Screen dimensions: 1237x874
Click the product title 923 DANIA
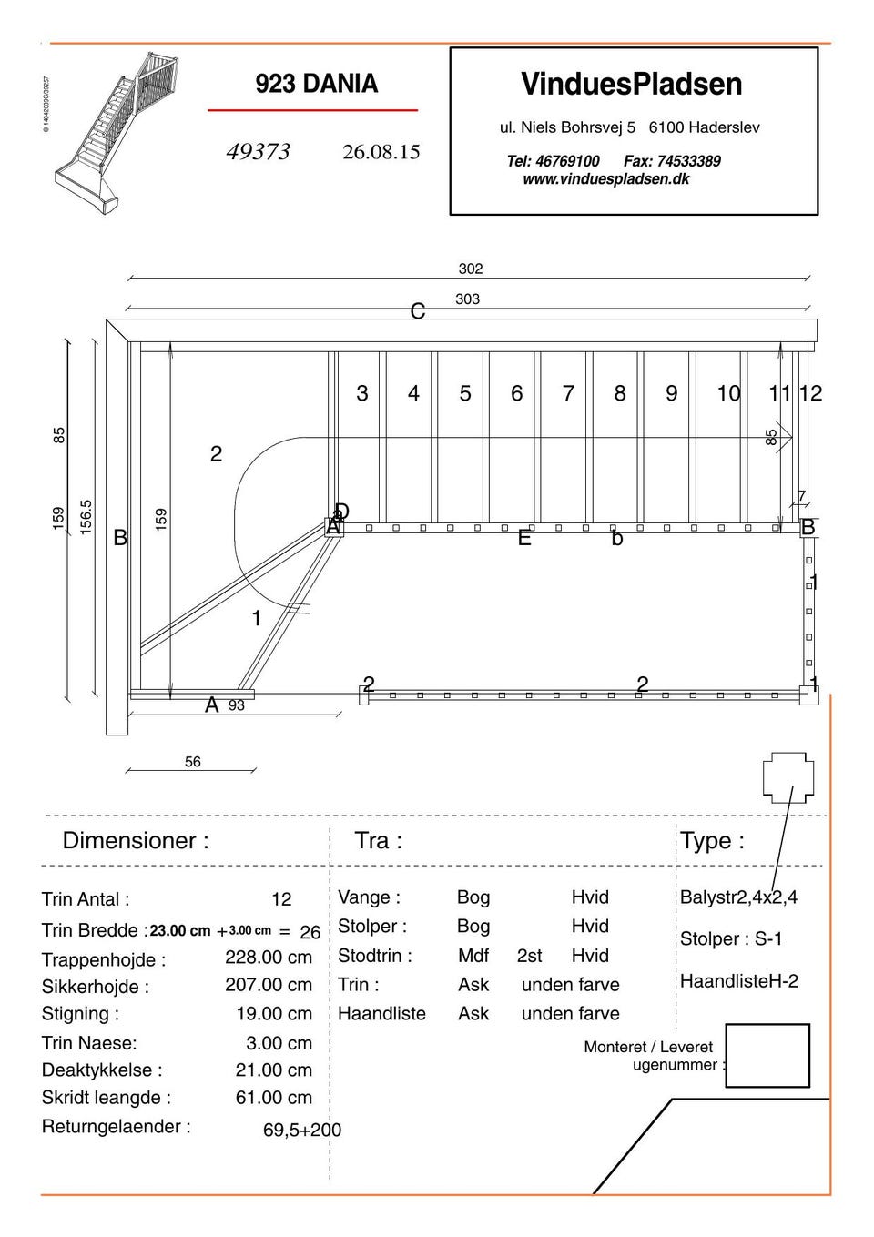click(x=316, y=84)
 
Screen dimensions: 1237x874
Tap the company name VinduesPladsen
click(x=631, y=85)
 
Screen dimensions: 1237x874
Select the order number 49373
click(x=258, y=152)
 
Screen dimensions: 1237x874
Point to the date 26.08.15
click(x=381, y=152)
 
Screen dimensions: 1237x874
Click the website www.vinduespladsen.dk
click(x=605, y=179)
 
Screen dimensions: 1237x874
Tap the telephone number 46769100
click(x=567, y=161)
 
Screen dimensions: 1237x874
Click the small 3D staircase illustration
click(x=113, y=131)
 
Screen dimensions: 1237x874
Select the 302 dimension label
click(x=470, y=269)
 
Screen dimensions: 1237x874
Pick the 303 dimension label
click(x=467, y=299)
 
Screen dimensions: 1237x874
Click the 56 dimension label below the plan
click(x=192, y=762)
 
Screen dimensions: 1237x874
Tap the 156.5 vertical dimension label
click(x=86, y=516)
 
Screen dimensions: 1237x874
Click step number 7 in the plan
click(x=568, y=393)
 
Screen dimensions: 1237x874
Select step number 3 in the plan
click(x=362, y=393)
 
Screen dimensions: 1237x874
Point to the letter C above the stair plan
click(x=418, y=312)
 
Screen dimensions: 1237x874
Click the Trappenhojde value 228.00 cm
click(x=269, y=958)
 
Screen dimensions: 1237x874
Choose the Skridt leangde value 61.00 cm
click(x=273, y=1098)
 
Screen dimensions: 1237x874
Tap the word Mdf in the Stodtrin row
click(x=473, y=956)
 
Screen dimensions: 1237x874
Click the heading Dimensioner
click(x=136, y=840)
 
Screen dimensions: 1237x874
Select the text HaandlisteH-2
click(x=738, y=981)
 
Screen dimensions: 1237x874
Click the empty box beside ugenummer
click(x=767, y=1056)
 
